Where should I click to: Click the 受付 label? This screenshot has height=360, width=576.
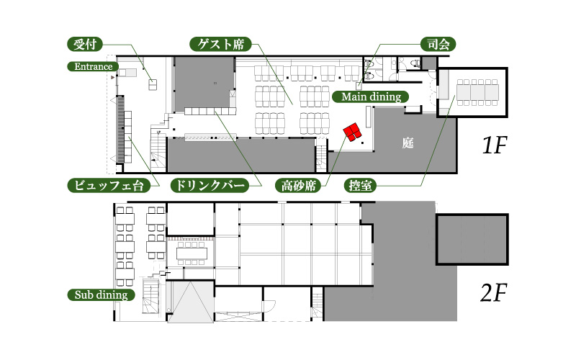point(85,45)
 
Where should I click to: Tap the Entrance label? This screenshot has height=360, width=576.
point(94,66)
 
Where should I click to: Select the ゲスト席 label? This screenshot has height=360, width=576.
point(221,45)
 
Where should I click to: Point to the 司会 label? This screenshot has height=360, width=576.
point(438,45)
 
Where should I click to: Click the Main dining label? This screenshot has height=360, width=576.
point(371,96)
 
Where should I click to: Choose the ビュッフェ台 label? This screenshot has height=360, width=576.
point(109,186)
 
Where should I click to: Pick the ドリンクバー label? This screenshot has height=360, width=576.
point(210,186)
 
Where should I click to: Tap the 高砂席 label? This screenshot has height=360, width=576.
point(298,186)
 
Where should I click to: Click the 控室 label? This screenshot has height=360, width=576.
point(360,186)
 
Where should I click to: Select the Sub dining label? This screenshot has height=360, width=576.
point(101,295)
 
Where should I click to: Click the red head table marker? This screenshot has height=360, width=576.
point(352,132)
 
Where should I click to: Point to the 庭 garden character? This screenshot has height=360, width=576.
point(408,143)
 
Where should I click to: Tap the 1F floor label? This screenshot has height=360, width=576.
point(495,145)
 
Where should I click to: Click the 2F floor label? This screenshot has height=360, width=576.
point(494,292)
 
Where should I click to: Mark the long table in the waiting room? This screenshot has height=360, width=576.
point(477,92)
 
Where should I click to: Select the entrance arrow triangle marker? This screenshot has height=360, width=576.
point(113,78)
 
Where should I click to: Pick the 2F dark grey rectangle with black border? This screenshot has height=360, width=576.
point(472,239)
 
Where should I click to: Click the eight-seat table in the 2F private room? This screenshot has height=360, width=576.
point(192,253)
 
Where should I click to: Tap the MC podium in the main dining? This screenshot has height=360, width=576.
point(359,86)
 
